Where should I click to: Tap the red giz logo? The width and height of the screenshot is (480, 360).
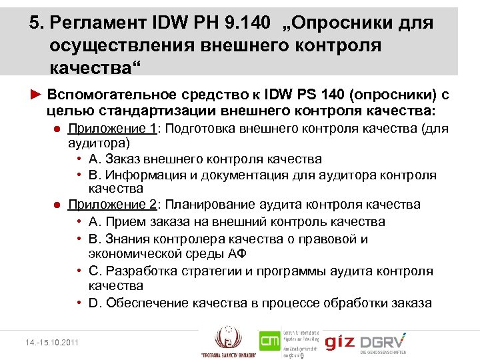(x=339, y=343)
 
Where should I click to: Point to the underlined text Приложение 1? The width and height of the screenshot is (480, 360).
(x=111, y=128)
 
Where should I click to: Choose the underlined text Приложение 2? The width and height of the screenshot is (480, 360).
(x=111, y=204)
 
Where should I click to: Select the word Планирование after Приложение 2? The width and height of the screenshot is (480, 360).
(x=211, y=204)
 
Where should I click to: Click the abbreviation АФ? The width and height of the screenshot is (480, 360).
(x=236, y=253)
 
